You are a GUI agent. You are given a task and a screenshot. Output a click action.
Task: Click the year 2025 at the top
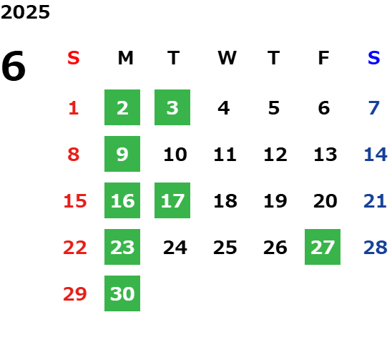click(25, 12)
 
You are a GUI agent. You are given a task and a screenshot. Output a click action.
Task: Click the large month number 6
click(14, 66)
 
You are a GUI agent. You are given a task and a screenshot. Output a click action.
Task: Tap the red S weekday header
click(74, 58)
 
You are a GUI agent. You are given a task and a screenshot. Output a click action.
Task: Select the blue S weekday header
click(374, 58)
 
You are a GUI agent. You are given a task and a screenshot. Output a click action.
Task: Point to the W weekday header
click(227, 58)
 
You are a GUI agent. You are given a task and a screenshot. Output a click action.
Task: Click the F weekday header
click(324, 58)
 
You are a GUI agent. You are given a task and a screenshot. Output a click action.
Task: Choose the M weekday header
click(125, 58)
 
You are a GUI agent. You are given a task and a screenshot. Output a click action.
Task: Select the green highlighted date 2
click(122, 107)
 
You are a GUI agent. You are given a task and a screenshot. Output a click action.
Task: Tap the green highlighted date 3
click(172, 107)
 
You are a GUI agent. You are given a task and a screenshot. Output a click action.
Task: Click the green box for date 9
click(122, 154)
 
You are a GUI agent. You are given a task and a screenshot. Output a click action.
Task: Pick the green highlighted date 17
click(172, 200)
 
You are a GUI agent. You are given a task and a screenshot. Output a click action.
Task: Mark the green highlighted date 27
click(323, 247)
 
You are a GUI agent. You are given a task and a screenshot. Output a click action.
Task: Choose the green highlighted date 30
click(122, 293)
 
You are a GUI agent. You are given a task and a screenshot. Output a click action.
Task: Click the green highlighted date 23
click(122, 247)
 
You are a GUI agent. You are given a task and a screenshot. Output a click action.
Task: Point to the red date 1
click(74, 108)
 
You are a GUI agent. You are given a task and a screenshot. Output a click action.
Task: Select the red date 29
click(75, 294)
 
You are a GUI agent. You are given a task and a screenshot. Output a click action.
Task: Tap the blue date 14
click(376, 155)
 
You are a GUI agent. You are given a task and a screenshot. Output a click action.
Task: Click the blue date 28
click(376, 248)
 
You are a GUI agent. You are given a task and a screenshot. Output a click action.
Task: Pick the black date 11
click(225, 155)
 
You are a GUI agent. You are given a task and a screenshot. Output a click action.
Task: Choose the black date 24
click(175, 248)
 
